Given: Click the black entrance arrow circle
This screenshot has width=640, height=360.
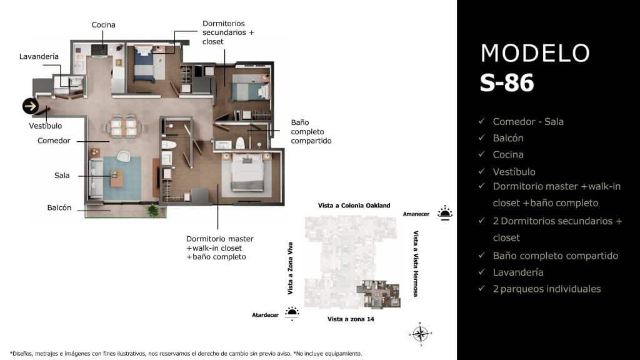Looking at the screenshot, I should [x=31, y=106].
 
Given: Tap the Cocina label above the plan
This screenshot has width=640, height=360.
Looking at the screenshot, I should [x=103, y=25].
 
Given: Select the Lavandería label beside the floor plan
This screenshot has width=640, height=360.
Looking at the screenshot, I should [x=39, y=56].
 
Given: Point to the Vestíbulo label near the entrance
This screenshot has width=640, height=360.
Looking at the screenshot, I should [x=46, y=126].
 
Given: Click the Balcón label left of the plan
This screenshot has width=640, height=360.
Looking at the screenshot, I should [x=59, y=207].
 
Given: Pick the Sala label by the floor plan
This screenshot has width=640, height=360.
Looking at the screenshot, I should [x=62, y=176].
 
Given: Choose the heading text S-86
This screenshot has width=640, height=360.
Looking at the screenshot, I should [x=507, y=83].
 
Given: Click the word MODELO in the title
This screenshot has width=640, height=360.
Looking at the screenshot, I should [x=535, y=53].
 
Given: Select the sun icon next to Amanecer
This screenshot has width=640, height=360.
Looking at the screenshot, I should [x=445, y=212].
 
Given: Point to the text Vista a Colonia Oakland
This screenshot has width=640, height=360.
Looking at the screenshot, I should [x=354, y=206].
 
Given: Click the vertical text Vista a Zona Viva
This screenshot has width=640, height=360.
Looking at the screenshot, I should [x=290, y=268].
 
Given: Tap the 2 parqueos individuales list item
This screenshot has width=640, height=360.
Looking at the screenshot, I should [x=546, y=289].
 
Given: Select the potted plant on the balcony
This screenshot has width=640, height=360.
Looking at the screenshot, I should [x=152, y=211].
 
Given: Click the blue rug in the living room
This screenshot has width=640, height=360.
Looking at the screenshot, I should [x=122, y=177].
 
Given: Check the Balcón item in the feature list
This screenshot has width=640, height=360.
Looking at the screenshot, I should [x=507, y=138].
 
